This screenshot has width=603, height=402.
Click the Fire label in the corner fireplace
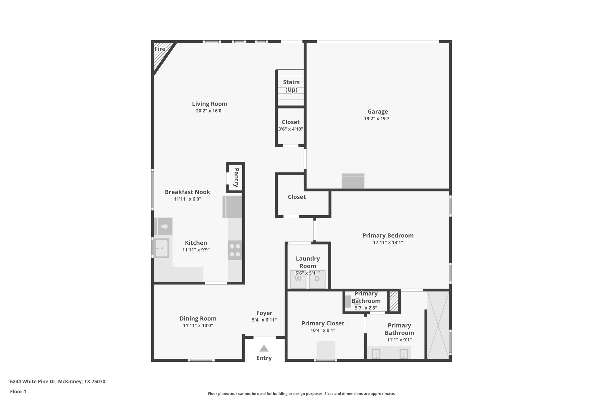click(x=160, y=49)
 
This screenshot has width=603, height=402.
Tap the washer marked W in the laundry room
click(x=298, y=279)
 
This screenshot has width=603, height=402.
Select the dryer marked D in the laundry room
click(x=317, y=279)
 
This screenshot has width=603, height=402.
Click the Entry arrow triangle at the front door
click(x=264, y=348)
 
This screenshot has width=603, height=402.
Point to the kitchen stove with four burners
click(x=235, y=250)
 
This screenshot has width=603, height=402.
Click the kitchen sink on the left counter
click(x=162, y=248)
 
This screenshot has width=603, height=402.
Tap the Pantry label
click(x=236, y=178)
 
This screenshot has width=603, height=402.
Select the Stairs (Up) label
click(x=291, y=86)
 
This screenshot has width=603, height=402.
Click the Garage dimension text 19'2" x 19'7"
click(x=378, y=118)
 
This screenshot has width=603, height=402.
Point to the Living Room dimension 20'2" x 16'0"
click(x=210, y=111)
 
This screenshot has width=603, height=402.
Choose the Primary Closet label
click(x=323, y=323)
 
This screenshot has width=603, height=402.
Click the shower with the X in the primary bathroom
click(x=438, y=325)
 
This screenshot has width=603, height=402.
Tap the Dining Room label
click(x=198, y=318)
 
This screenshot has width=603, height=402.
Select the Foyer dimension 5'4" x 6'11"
click(x=264, y=320)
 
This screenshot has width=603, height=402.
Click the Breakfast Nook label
click(x=187, y=192)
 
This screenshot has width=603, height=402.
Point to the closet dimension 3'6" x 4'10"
click(x=291, y=129)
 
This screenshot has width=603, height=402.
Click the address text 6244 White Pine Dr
click(x=33, y=381)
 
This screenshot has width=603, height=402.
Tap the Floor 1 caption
click(x=18, y=391)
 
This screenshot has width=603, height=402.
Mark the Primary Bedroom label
click(x=388, y=235)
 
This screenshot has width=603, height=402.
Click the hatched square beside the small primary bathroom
click(x=394, y=301)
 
